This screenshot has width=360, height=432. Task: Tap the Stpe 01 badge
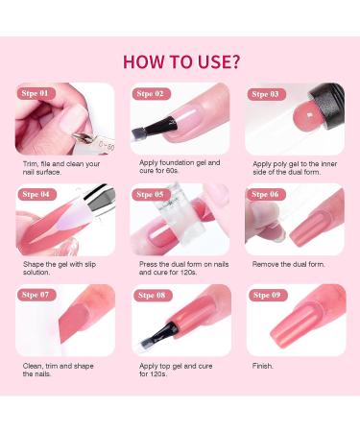tap(36, 93)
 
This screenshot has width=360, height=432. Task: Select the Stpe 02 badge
tap(151, 93)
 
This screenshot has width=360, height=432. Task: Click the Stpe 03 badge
tap(266, 94)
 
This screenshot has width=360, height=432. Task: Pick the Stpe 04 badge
tap(36, 194)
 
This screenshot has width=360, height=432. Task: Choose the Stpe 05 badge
tap(151, 194)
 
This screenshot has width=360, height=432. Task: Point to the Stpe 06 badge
tap(266, 194)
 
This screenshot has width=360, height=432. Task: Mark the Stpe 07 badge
tap(36, 294)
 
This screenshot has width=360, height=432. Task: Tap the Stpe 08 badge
tap(151, 294)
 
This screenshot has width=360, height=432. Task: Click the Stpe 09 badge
tap(266, 294)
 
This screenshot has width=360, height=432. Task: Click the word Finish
tap(263, 366)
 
